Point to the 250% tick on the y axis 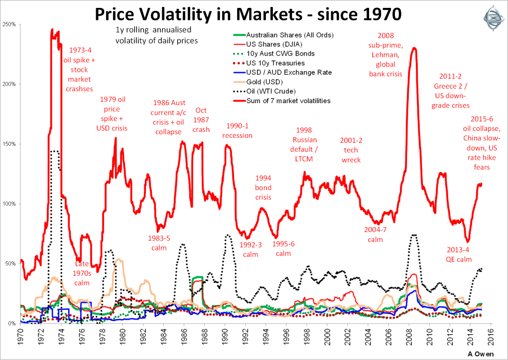9,24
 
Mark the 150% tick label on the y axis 9,144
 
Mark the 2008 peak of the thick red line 414,48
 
